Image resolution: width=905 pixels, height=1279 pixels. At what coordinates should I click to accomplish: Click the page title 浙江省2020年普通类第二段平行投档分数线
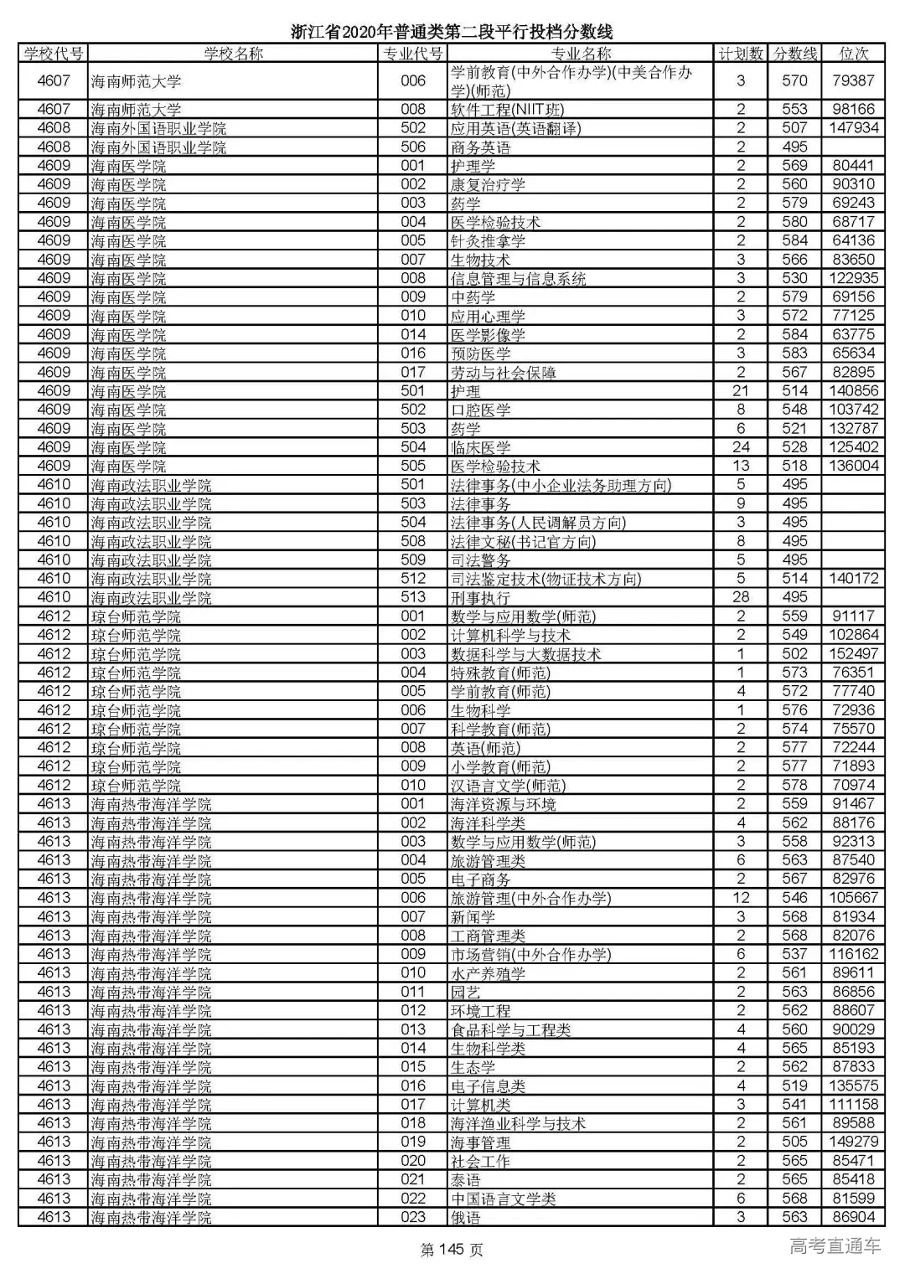point(452,32)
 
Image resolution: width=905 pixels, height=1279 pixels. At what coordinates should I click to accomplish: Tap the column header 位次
point(853,54)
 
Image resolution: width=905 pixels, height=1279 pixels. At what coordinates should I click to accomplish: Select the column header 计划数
point(741,54)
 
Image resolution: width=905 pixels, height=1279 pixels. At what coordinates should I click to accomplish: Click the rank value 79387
point(853,81)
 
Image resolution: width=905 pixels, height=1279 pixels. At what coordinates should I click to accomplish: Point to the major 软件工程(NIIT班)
point(507,110)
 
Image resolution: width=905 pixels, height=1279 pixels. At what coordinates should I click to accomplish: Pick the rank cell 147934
point(853,128)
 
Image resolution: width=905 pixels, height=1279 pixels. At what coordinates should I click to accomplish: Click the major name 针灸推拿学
point(488,241)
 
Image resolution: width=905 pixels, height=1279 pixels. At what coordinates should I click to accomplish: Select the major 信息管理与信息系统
point(518,279)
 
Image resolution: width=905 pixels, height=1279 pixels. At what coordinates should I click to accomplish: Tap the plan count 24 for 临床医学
point(741,447)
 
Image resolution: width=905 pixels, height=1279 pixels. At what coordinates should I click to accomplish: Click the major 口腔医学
point(480,410)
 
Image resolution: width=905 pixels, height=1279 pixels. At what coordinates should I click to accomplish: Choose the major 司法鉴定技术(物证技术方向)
point(546,579)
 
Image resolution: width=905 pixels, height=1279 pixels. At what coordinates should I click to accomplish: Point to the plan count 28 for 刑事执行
point(741,597)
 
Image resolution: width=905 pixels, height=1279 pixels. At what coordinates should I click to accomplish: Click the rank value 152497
point(853,654)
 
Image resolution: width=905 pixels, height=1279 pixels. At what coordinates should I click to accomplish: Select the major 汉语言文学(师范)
point(508,786)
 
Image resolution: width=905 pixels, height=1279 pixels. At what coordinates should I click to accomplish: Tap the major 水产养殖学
point(488,973)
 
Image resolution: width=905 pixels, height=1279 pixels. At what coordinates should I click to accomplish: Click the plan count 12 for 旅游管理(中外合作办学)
point(741,898)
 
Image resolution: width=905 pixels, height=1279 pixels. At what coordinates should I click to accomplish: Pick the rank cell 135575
point(853,1086)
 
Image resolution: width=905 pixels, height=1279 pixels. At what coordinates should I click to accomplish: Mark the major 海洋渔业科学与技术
point(518,1124)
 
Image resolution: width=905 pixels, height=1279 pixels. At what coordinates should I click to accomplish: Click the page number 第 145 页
point(452,1250)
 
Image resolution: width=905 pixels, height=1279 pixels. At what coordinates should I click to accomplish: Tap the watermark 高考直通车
point(835,1245)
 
